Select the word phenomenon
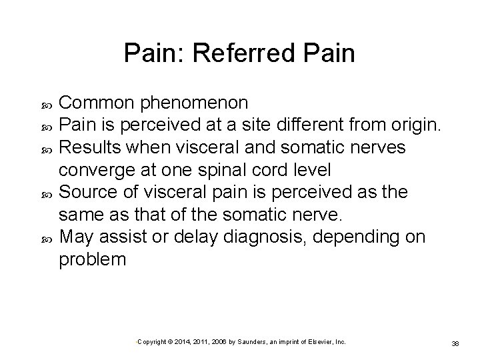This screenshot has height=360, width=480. click(x=198, y=103)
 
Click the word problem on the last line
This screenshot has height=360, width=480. click(x=92, y=259)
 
